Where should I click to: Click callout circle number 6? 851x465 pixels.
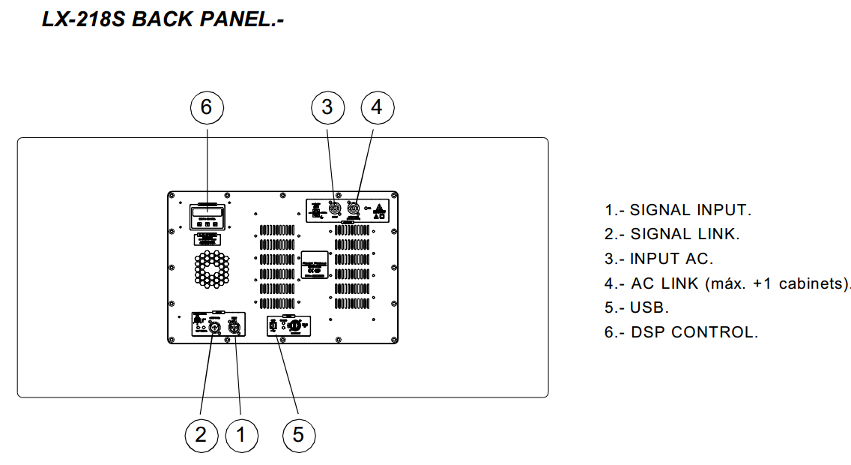tap(207, 108)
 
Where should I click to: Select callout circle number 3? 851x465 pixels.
tap(327, 108)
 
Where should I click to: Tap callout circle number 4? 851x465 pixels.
tap(377, 108)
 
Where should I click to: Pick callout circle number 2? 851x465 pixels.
tap(201, 435)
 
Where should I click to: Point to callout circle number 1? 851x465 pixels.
tap(241, 435)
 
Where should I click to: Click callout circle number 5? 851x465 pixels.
tap(299, 435)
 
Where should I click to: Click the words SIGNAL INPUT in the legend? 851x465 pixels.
tap(690, 210)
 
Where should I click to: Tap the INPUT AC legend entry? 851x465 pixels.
tap(671, 259)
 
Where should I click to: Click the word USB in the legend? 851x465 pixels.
tap(649, 307)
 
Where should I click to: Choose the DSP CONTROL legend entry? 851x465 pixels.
tap(694, 332)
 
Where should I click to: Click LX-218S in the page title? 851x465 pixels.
tap(83, 19)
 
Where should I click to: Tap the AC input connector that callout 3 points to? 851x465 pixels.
tap(334, 208)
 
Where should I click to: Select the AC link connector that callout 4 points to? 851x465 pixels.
tap(354, 208)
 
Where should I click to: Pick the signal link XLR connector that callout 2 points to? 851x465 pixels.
tap(213, 326)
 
